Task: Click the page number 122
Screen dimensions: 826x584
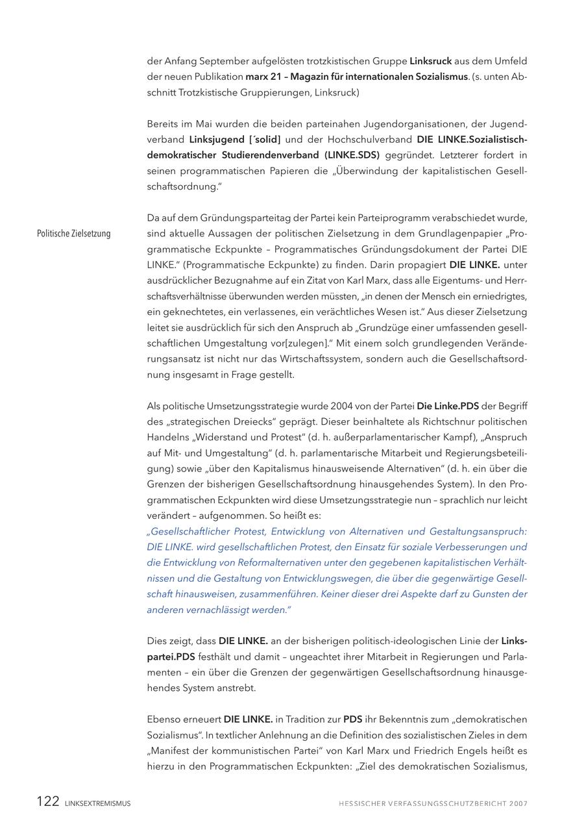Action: pos(47,801)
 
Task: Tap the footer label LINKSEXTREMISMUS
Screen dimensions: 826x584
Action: pos(97,803)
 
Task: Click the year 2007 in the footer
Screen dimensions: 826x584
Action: pos(518,803)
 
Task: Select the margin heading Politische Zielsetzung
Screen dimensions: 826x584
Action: pos(73,234)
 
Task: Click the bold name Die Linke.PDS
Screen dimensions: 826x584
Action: pos(447,406)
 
